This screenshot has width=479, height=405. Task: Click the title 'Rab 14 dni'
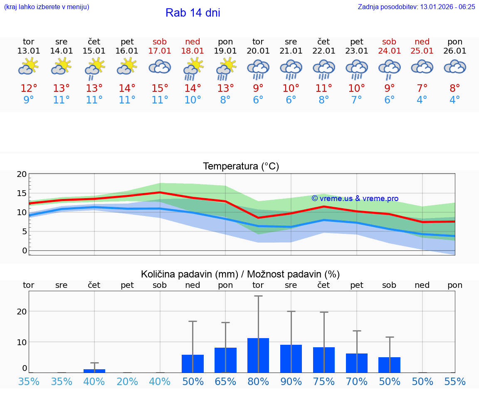(193, 13)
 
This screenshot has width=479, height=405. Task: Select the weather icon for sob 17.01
(160, 67)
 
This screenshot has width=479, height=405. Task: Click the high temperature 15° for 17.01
(160, 88)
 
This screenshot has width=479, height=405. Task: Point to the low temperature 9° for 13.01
(28, 100)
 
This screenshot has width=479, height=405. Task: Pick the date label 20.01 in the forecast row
(258, 51)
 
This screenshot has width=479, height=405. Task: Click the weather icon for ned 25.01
(422, 67)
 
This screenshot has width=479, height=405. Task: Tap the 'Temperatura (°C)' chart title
(241, 167)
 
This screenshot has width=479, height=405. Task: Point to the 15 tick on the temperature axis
(22, 193)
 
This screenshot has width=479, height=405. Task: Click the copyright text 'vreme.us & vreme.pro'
(355, 199)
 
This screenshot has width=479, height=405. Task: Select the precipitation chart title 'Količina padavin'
(240, 274)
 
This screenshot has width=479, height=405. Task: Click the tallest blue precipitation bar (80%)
(258, 356)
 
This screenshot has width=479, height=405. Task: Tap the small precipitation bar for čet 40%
(94, 371)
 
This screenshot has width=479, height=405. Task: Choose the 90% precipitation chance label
(291, 382)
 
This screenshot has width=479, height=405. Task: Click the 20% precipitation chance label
(127, 382)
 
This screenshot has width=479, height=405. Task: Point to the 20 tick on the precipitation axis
(22, 312)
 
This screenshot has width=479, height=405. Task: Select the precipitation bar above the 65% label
(225, 360)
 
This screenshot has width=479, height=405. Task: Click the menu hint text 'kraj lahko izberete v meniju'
(47, 7)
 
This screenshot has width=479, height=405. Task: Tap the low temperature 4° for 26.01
(455, 100)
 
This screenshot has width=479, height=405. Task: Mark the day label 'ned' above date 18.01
(193, 42)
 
